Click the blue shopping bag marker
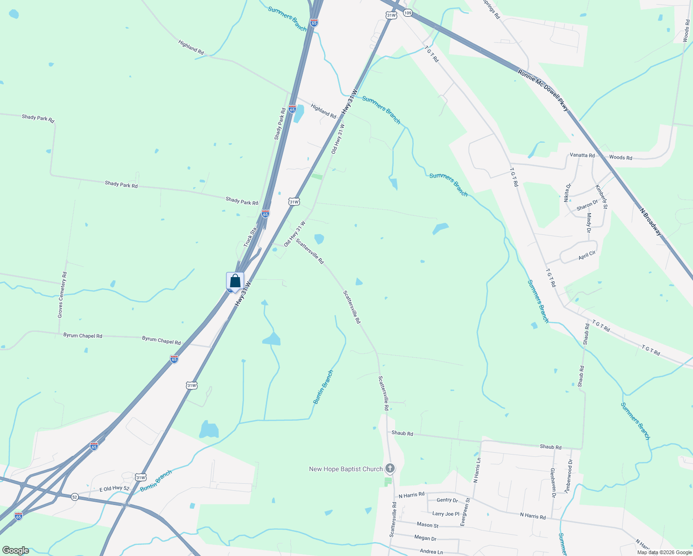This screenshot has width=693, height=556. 235,281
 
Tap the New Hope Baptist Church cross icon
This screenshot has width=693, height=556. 390,468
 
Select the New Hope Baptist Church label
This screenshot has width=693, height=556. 346,469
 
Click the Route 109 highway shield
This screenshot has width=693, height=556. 407,13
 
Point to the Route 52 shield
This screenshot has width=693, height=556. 75,497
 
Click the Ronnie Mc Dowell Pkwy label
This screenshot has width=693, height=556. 543,91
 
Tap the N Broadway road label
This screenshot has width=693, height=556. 651,222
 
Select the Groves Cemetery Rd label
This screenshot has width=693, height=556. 62,295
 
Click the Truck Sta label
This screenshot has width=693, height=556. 250,237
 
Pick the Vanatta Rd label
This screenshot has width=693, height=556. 582,155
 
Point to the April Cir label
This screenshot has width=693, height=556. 587,255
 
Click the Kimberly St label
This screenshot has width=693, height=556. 601,196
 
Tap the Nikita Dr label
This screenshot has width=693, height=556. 567,192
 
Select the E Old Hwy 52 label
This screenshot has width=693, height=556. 114,489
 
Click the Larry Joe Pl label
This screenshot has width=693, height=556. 446,514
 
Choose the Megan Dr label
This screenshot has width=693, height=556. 425,538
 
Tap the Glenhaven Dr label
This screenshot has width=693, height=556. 553,480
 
